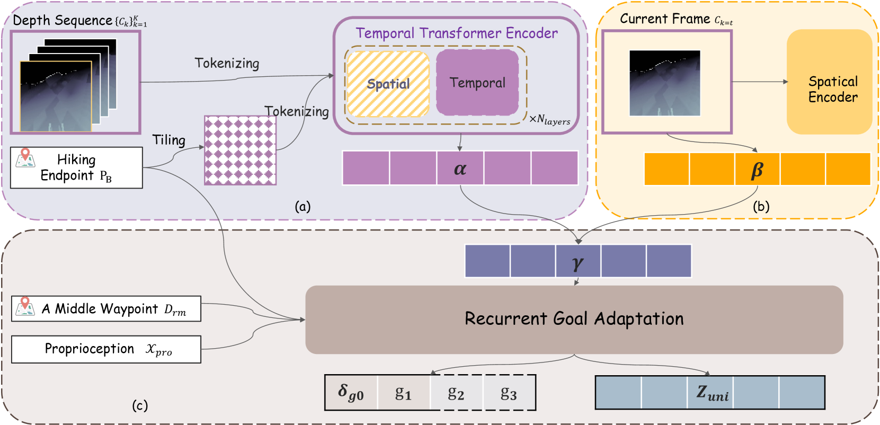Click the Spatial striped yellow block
tap(388, 84)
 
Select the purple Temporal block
tap(477, 83)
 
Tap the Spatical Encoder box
tap(829, 82)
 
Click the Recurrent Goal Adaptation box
tap(574, 320)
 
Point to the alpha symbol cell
tap(460, 168)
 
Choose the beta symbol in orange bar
tap(757, 169)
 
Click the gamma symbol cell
tap(578, 261)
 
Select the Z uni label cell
tap(710, 392)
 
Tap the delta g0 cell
tap(351, 392)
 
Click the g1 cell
tap(404, 392)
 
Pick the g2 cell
tap(456, 392)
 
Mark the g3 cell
tap(509, 392)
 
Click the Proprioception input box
tap(106, 349)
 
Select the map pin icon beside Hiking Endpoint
tap(25, 158)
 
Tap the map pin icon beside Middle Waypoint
tap(25, 307)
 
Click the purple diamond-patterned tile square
tap(240, 150)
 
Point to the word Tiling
tap(168, 140)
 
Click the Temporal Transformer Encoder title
tap(457, 33)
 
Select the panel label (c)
tap(140, 405)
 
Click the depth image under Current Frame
tap(665, 83)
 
